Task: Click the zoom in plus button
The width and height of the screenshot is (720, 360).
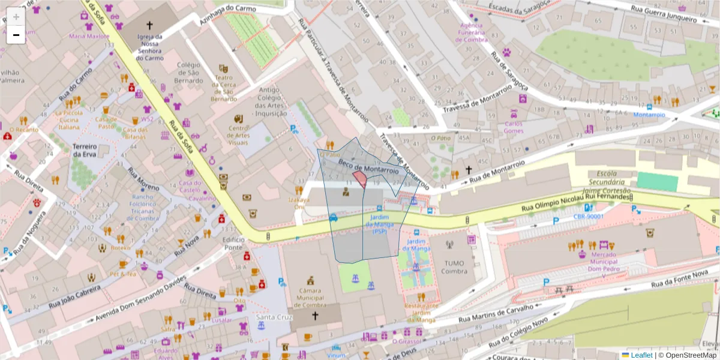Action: click(x=16, y=17)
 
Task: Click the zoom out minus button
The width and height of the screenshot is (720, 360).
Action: click(x=16, y=35)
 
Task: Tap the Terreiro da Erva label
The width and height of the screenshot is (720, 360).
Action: click(x=85, y=150)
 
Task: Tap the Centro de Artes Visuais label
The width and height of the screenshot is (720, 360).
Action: click(x=238, y=135)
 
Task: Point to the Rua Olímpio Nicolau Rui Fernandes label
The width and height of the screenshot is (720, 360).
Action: click(x=576, y=202)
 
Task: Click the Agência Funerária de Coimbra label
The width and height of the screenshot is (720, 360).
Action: click(x=471, y=32)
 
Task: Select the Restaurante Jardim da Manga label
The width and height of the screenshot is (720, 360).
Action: click(x=421, y=312)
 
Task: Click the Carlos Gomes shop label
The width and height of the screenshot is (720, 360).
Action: click(x=514, y=127)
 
